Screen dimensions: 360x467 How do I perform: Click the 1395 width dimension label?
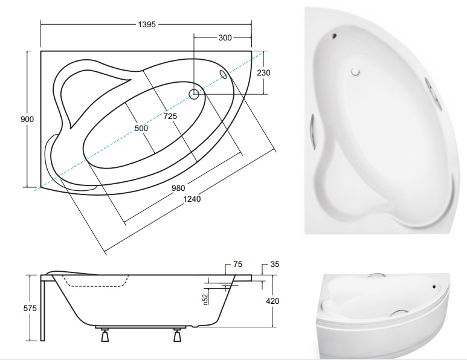coord(147,25)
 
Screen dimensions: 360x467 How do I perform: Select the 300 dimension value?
coord(225,37)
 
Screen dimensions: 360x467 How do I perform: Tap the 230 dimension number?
coord(263,72)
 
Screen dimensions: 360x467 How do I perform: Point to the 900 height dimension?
coord(27,119)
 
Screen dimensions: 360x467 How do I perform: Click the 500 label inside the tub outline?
coord(141,128)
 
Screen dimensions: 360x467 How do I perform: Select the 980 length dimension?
coord(178,187)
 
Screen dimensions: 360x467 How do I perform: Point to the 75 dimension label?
coord(237,265)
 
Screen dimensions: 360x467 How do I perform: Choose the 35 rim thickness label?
coord(274,265)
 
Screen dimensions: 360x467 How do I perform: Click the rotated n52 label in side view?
coord(206,297)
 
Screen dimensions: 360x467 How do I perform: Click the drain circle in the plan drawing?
coord(194,94)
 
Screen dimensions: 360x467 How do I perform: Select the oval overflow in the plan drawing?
coord(224,74)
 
